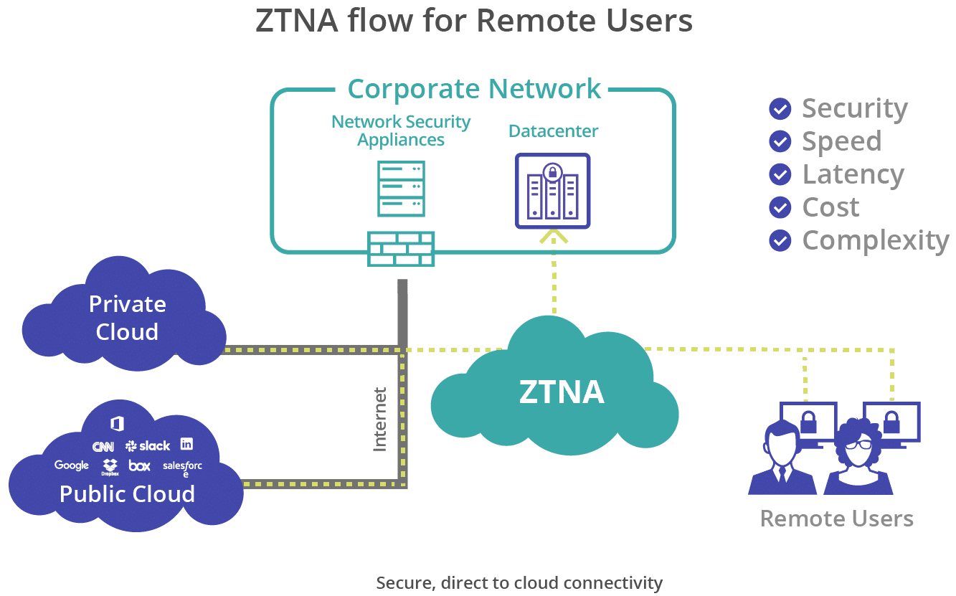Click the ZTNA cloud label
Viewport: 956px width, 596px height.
[562, 392]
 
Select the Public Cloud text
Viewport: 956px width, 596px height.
[127, 494]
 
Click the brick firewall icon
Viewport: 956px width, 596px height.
[401, 249]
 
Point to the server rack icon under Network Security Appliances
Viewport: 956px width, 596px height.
[401, 189]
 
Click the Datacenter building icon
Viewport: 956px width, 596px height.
[552, 191]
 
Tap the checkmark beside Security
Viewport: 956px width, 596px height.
[780, 109]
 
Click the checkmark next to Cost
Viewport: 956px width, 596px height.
[780, 207]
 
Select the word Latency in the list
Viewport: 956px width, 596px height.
[852, 174]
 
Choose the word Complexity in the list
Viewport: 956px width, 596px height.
[875, 240]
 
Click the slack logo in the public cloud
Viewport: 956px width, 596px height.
[148, 446]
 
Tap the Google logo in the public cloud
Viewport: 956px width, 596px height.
[72, 465]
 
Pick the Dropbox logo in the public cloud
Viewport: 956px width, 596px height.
[110, 467]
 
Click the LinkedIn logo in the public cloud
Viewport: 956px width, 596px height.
[186, 444]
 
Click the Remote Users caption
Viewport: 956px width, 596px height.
[836, 519]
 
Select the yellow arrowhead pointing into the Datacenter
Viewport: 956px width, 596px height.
[553, 237]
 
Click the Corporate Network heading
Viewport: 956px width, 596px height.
[474, 89]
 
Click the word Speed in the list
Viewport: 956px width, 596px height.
[841, 141]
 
